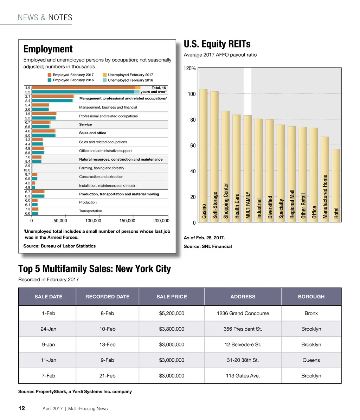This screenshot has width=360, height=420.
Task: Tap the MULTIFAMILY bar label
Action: click(248, 205)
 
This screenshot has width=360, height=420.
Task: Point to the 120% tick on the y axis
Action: click(190, 69)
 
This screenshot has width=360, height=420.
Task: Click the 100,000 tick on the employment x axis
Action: click(93, 221)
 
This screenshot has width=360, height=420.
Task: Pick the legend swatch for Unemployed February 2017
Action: click(105, 75)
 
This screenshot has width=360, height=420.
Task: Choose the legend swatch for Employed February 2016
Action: click(50, 80)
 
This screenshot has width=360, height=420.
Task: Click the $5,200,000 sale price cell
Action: click(172, 313)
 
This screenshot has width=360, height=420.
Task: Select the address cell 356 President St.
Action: click(243, 329)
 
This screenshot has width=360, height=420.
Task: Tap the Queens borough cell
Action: click(311, 360)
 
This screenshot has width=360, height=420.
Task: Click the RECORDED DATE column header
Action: click(107, 297)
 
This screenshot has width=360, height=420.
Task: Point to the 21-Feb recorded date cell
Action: click(107, 376)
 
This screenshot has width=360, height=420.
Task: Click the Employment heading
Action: click(48, 49)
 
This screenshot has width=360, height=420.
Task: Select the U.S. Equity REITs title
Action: click(217, 44)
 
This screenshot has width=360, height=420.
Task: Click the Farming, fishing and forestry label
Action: click(102, 168)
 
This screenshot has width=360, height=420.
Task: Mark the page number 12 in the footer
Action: click(21, 408)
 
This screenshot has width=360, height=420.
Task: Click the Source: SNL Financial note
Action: click(208, 246)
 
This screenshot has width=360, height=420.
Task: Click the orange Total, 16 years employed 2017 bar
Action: click(83, 88)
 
